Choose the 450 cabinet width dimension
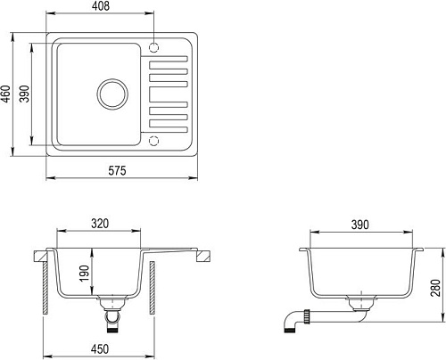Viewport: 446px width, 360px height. click(101, 348)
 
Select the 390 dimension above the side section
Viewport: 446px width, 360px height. click(359, 225)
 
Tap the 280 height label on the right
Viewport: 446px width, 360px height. click(436, 287)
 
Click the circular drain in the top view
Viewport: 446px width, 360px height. click(111, 93)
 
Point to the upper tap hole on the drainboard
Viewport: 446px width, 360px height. click(155, 46)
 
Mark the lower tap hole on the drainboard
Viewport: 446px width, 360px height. click(155, 139)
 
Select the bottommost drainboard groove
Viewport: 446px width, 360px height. click(169, 126)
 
